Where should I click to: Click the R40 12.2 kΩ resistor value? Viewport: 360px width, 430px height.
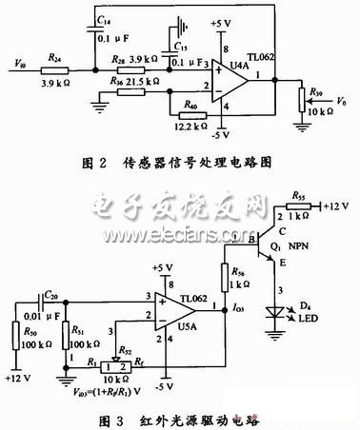pyautogui.click(x=189, y=125)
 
